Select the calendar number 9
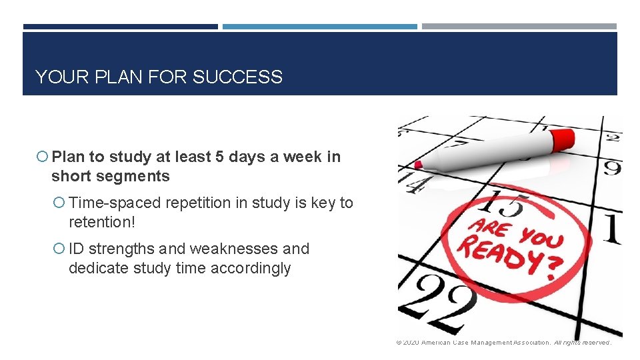tap(611, 167)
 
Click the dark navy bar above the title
tap(120, 27)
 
